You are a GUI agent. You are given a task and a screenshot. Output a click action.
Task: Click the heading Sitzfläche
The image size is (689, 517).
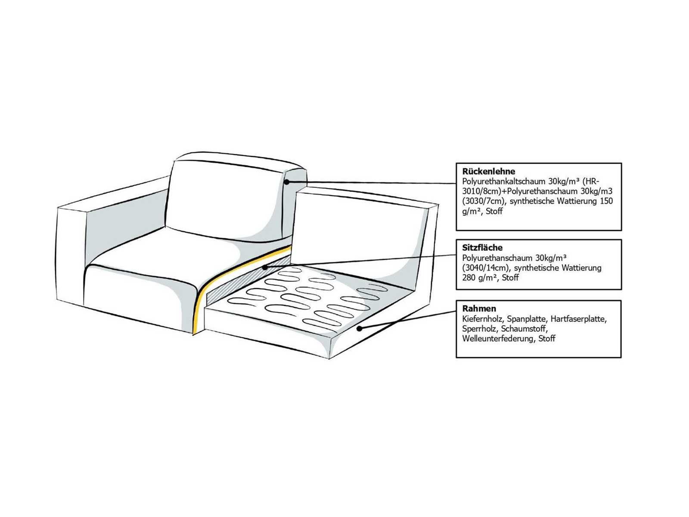pos(482,247)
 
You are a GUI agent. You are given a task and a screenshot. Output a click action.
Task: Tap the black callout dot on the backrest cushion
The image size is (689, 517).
pos(286,182)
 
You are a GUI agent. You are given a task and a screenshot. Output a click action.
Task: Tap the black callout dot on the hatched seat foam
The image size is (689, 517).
pos(265,268)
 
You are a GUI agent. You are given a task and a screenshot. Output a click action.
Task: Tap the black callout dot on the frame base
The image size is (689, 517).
pos(360,328)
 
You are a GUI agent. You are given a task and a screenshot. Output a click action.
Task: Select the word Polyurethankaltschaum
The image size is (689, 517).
pos(504,182)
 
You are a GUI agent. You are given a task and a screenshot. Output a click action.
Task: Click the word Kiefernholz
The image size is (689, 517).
pos(483,319)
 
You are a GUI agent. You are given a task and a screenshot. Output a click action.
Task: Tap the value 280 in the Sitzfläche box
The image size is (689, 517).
pos(469,277)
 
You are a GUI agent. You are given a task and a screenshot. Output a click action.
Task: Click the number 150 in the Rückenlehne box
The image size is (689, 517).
pos(606,201)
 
